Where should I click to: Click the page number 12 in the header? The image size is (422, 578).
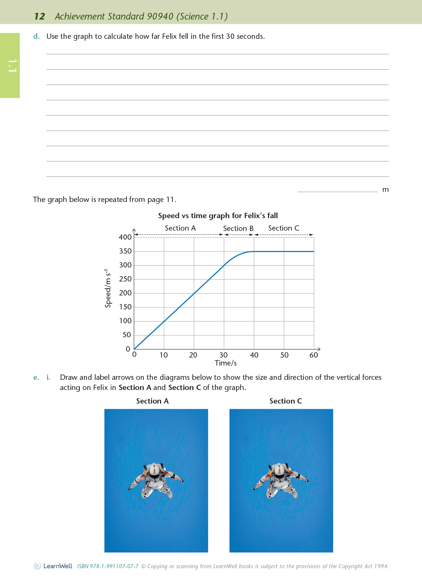(40, 17)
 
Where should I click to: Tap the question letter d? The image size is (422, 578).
(36, 37)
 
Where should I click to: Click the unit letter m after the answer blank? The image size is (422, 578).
(385, 190)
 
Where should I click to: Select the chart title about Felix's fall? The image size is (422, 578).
(218, 216)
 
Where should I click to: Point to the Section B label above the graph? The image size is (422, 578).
(238, 228)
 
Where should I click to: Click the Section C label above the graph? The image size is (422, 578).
(283, 228)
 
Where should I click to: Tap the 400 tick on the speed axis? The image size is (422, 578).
(125, 237)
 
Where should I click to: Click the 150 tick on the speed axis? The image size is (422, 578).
(125, 307)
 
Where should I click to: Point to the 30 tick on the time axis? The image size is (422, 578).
(224, 355)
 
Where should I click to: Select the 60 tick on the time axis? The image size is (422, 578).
(314, 355)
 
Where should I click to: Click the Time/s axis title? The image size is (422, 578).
(225, 363)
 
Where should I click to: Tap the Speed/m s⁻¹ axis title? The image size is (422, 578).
(108, 288)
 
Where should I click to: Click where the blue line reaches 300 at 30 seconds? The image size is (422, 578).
(224, 265)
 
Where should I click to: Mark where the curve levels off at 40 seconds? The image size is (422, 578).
(254, 251)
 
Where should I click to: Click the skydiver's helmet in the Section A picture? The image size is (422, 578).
(155, 470)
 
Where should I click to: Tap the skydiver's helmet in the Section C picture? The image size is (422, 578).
(280, 470)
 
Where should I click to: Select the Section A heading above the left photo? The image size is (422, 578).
(152, 401)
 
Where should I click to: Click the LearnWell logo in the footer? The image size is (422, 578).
(53, 566)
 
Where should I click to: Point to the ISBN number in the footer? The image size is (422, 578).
(108, 566)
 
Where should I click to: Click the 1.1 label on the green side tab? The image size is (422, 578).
(12, 66)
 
